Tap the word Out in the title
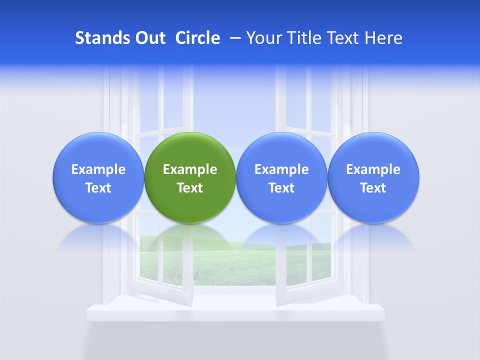pos(149,38)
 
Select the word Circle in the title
pos(197,38)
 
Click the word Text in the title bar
pos(344,38)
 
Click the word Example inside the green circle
pos(190,170)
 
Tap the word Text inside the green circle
pos(190,188)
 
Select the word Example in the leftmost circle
pos(98,170)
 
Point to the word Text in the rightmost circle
pos(373,188)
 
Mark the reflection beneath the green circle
pos(190,236)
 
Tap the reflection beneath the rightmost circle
pos(373,236)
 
